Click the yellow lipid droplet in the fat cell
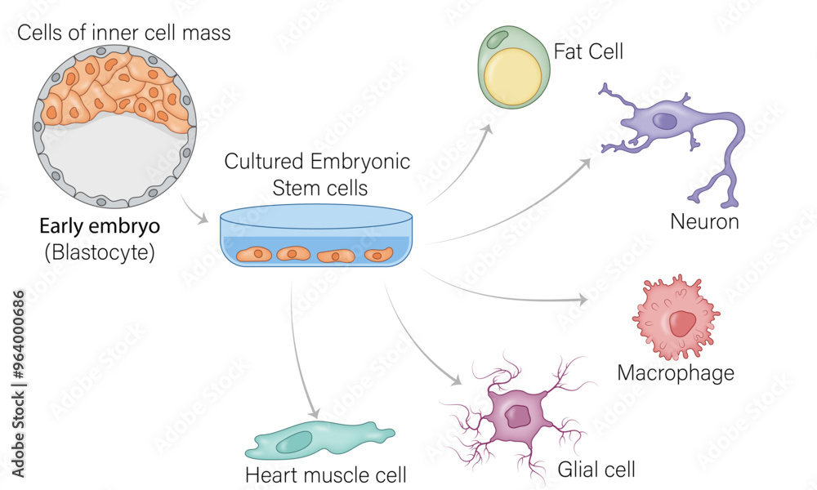513,76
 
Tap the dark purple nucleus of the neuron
668,122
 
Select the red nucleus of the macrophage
681,323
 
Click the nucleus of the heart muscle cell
297,442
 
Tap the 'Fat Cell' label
588,52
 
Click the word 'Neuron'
704,221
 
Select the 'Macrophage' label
676,373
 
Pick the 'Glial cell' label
596,470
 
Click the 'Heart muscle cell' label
326,475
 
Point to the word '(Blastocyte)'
99,252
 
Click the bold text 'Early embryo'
99,227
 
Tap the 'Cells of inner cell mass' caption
124,33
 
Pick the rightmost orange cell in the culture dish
377,255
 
